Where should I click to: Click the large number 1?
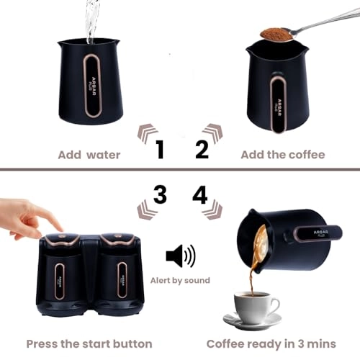(160, 150)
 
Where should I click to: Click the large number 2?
(202, 149)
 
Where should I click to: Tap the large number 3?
(160, 194)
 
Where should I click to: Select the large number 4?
(199, 194)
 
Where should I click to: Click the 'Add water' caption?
(89, 154)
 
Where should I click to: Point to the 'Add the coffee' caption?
(282, 154)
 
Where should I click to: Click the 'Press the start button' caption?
(89, 343)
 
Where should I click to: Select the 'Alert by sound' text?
(181, 280)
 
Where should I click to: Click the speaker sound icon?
(180, 256)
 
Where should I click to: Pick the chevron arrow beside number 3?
(148, 210)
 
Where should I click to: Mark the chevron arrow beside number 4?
(212, 210)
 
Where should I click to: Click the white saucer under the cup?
(252, 321)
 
